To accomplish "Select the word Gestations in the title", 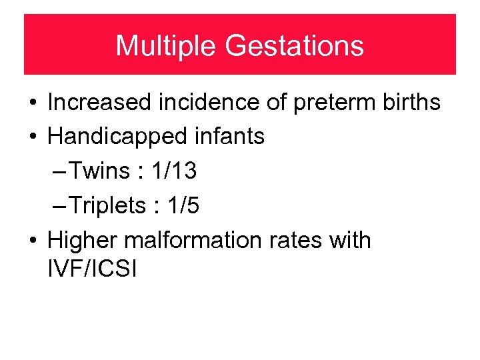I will click(x=294, y=46).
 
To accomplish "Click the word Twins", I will click(x=99, y=171).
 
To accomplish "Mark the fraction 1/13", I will click(x=174, y=171).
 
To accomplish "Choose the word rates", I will click(x=291, y=241).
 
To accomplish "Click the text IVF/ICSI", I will click(x=92, y=270).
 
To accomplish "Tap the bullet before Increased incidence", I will click(x=32, y=103).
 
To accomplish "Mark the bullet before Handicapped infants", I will click(x=32, y=137).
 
